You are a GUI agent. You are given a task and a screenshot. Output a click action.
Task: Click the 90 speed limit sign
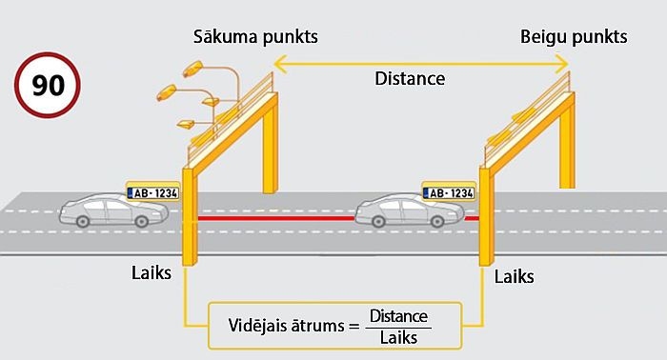pyautogui.click(x=47, y=86)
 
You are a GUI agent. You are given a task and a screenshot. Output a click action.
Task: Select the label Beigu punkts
pyautogui.click(x=574, y=38)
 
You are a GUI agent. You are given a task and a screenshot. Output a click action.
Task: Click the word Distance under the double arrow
pyautogui.click(x=410, y=79)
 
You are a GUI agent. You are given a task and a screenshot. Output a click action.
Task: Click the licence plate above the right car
pyautogui.click(x=447, y=192)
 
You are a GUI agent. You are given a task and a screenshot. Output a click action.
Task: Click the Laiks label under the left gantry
pyautogui.click(x=152, y=273)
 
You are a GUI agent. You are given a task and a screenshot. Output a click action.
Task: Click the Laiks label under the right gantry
pyautogui.click(x=515, y=277)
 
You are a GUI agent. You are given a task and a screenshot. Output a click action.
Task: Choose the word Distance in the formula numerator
pyautogui.click(x=399, y=316)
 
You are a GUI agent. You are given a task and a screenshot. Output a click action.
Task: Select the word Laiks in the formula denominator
pyautogui.click(x=399, y=336)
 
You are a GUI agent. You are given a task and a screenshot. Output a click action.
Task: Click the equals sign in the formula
pyautogui.click(x=354, y=327)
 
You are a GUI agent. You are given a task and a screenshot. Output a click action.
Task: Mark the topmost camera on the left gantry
pyautogui.click(x=192, y=68)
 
